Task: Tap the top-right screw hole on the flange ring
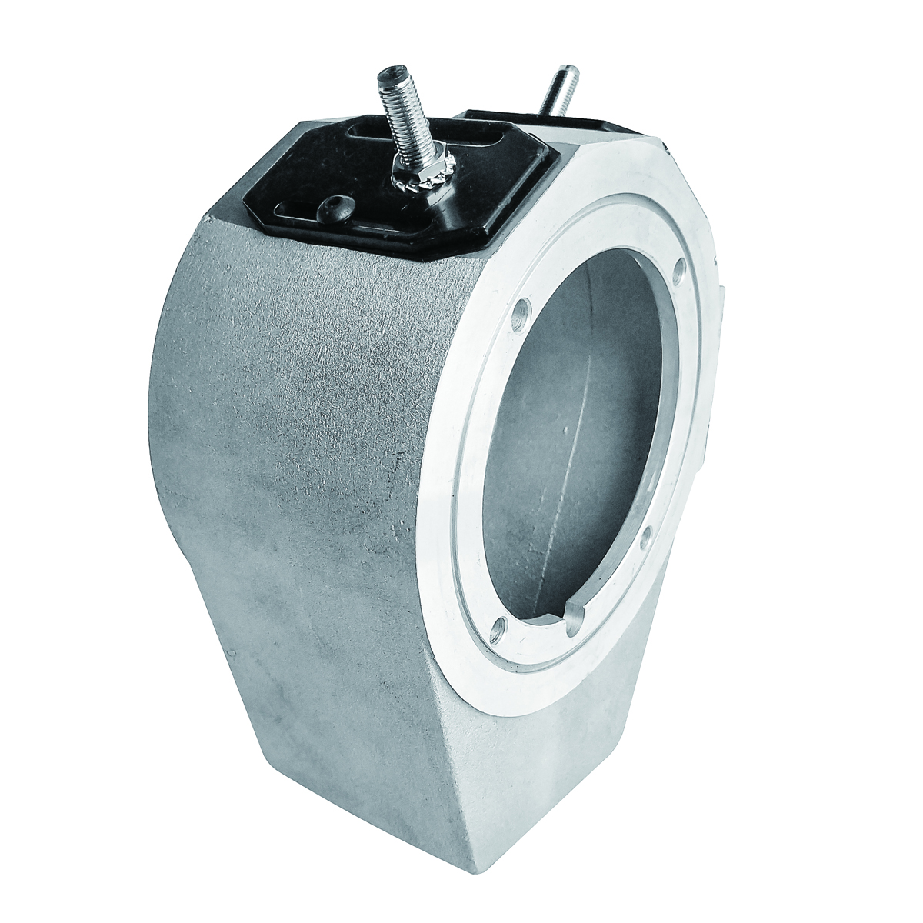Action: click(676, 269)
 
